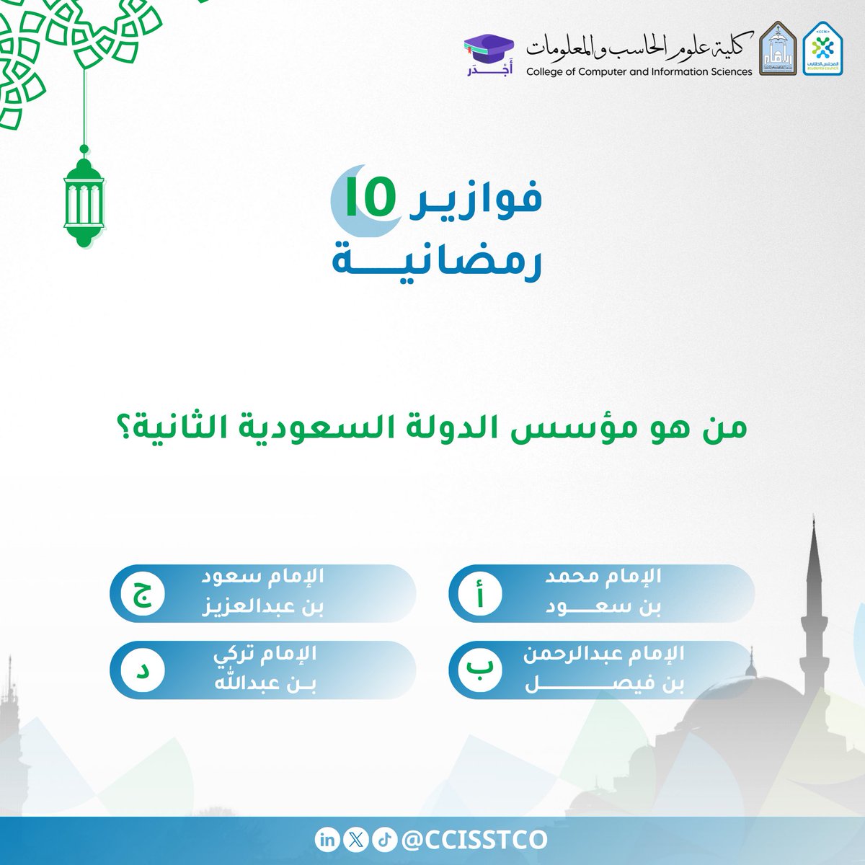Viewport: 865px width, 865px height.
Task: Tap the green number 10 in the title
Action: [x=371, y=200]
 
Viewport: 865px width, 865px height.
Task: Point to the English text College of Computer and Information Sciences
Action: [x=639, y=71]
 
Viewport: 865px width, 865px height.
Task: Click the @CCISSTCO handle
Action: [x=474, y=840]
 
